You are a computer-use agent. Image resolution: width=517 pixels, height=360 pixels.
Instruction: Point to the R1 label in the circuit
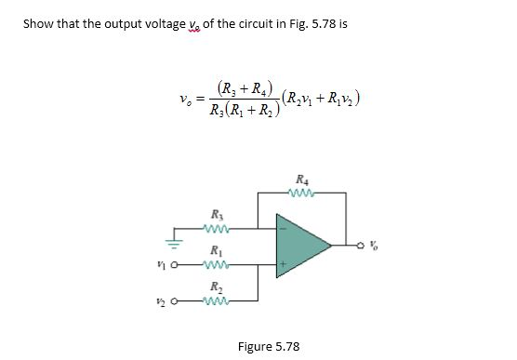217,248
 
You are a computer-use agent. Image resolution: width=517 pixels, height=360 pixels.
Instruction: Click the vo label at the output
374,247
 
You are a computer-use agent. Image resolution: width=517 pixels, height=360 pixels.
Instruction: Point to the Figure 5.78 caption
269,346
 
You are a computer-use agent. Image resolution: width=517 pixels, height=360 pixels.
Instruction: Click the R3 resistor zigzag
218,229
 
